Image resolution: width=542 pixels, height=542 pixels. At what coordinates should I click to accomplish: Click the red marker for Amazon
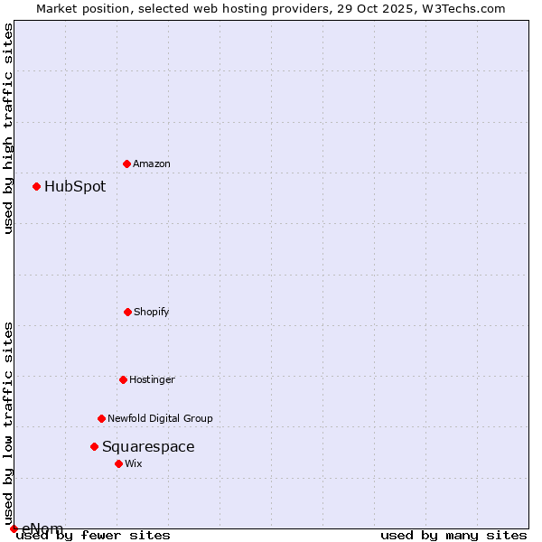point(126,164)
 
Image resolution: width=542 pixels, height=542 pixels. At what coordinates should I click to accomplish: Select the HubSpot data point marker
point(36,186)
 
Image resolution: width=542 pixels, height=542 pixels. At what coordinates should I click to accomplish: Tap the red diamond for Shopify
point(127,312)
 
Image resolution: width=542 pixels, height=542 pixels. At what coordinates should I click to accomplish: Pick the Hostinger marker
point(123,379)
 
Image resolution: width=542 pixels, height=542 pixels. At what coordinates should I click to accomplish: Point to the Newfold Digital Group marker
point(101,418)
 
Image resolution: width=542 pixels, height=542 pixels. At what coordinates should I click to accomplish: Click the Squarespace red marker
point(94,446)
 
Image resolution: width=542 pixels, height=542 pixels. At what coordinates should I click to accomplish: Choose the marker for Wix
point(118,463)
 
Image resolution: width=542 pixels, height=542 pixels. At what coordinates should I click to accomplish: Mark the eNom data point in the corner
point(14,528)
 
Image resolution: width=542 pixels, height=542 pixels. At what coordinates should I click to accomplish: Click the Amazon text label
point(152,164)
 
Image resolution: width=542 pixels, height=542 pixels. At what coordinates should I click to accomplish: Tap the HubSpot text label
point(75,187)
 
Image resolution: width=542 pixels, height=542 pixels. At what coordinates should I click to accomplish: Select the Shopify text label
point(152,312)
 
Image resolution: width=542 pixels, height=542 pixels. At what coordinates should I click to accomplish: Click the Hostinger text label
point(152,379)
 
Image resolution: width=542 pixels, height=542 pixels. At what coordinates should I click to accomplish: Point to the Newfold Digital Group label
point(160,418)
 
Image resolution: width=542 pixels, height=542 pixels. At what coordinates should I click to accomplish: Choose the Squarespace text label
point(148,446)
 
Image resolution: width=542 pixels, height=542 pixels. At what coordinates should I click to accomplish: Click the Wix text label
point(134,463)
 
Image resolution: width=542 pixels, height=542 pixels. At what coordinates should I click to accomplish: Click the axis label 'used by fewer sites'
point(93,535)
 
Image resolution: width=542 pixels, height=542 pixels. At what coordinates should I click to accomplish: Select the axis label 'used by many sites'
point(453,535)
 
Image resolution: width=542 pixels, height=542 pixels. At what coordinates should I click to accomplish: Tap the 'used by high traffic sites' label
point(8,128)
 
